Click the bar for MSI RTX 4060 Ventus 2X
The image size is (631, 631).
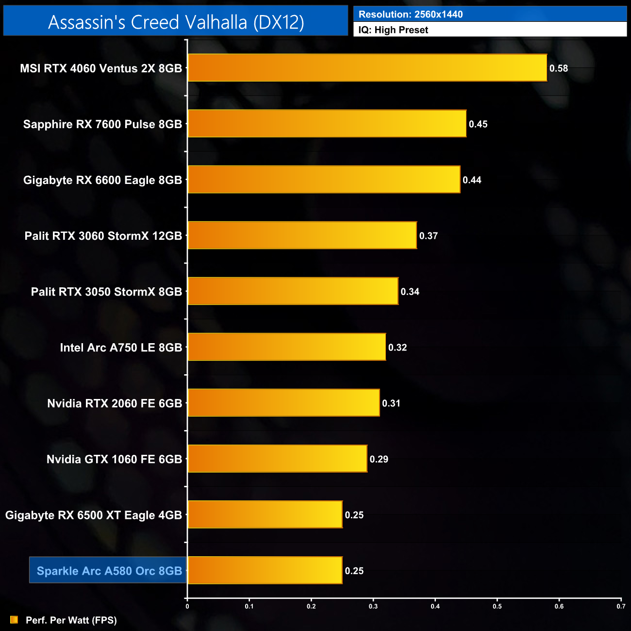(367, 68)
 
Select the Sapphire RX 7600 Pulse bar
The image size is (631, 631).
(327, 124)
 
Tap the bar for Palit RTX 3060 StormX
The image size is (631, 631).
(302, 235)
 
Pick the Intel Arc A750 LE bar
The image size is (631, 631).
(286, 347)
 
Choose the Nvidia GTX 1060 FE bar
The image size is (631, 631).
(277, 459)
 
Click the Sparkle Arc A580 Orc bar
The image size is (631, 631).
(265, 570)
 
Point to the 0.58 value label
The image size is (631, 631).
(558, 68)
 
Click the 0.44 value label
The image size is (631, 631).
(472, 180)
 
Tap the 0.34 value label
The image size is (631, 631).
(410, 292)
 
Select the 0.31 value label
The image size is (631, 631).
(391, 403)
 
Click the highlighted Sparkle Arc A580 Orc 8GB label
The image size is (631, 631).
(109, 571)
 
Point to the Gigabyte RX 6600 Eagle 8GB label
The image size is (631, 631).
(102, 180)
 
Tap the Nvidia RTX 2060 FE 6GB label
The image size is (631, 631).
(115, 403)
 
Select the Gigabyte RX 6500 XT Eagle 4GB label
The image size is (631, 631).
(94, 515)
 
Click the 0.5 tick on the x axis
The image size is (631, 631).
(497, 606)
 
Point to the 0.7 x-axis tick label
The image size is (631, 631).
(621, 606)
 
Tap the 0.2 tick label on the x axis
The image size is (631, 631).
(311, 606)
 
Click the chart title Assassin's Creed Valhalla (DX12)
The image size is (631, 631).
(176, 22)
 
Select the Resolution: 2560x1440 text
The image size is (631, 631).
(411, 15)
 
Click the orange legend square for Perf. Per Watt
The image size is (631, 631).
(14, 620)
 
